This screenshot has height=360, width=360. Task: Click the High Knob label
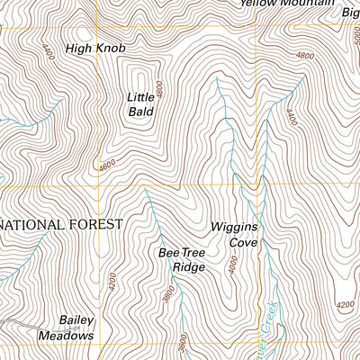(x=95, y=47)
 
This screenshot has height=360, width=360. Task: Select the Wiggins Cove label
(x=235, y=235)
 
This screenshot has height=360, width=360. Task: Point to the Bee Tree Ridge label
(x=183, y=260)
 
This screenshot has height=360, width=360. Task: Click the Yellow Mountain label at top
(x=282, y=4)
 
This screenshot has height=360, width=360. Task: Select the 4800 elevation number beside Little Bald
(x=159, y=90)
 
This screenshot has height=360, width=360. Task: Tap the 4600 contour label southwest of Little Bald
(x=108, y=166)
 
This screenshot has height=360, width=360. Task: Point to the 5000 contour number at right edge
(x=355, y=36)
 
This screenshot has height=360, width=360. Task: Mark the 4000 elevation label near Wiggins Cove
(x=233, y=267)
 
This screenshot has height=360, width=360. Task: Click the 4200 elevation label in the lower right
(x=345, y=304)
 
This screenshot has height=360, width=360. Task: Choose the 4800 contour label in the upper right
(x=305, y=56)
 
